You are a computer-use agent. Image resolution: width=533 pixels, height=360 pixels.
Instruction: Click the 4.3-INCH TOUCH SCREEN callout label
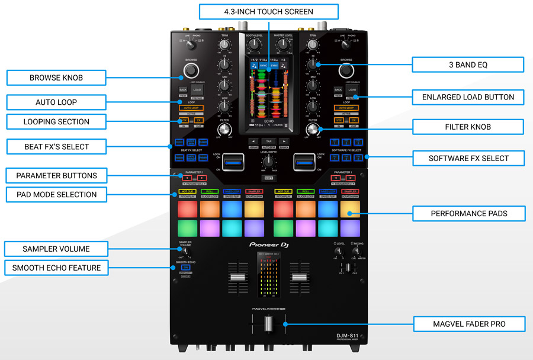tap(268, 12)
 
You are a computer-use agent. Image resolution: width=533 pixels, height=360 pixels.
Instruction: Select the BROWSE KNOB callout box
tap(56, 78)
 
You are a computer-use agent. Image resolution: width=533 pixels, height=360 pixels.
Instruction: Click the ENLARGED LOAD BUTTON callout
tap(468, 97)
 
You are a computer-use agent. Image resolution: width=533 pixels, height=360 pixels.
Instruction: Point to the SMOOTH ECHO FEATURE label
tap(56, 268)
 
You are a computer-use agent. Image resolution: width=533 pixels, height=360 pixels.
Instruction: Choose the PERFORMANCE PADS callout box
tap(468, 213)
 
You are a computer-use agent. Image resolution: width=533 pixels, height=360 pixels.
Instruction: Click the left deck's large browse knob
tap(191, 71)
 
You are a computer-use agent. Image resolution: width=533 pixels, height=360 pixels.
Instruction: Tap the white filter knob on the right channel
tap(313, 130)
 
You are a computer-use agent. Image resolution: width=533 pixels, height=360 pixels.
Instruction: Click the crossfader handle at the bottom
tap(268, 324)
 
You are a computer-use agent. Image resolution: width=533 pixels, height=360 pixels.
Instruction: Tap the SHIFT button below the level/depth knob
tap(269, 178)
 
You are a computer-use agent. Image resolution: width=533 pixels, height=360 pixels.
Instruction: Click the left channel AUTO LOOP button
tap(191, 108)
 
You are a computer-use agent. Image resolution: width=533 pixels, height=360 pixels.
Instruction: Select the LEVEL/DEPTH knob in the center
tap(269, 161)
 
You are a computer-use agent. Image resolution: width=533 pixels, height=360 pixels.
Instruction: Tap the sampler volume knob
tap(185, 253)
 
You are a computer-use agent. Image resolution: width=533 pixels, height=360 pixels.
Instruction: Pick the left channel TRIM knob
tap(224, 47)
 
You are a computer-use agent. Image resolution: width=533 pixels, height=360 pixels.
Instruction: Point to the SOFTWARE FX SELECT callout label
tap(468, 158)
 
